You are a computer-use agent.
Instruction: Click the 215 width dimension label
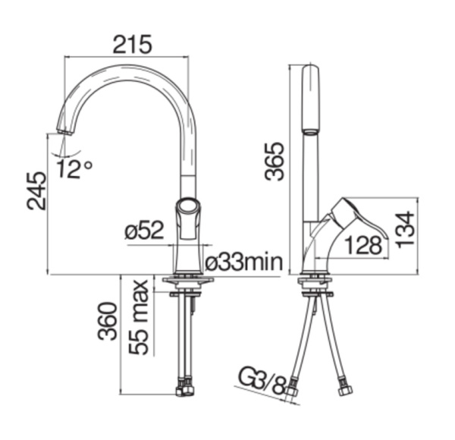132,45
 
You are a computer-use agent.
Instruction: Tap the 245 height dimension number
36,190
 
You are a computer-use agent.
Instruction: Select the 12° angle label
74,168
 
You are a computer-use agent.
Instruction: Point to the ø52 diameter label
145,230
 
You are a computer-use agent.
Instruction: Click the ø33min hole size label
243,262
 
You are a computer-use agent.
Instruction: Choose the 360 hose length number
108,321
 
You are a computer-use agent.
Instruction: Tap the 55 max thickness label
139,317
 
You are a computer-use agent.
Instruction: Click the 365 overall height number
275,162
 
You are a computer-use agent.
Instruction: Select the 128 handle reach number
363,246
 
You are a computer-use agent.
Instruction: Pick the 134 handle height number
405,230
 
